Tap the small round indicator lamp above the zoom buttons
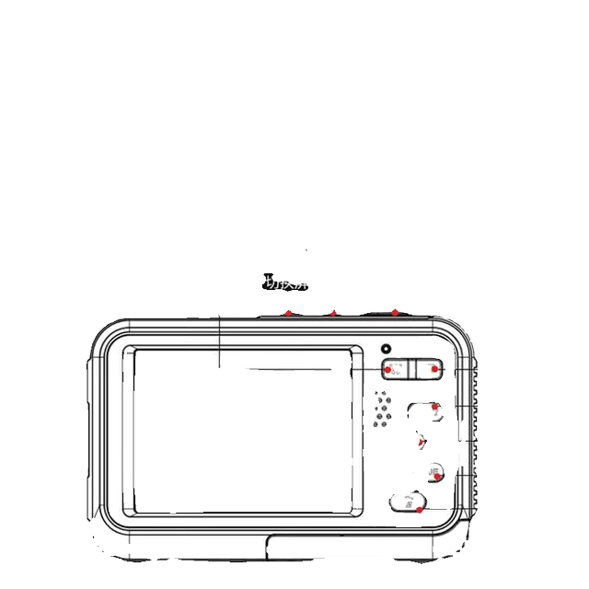pos(387,349)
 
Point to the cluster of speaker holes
pos(383,410)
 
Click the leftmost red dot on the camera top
pos(287,313)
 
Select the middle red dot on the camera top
pos(333,313)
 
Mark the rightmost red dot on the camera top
pos(394,313)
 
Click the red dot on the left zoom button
pos(388,369)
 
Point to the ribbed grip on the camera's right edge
pos(471,414)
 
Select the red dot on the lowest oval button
pos(419,509)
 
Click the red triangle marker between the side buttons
pos(421,443)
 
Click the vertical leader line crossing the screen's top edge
pos(219,341)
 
